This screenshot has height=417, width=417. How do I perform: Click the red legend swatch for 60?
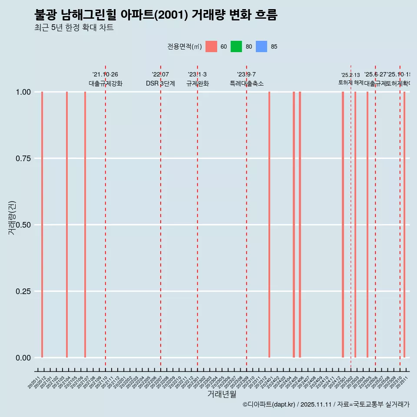(x=211, y=46)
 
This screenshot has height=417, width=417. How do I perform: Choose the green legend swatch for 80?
(x=236, y=46)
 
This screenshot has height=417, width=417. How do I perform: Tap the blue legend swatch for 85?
(x=261, y=46)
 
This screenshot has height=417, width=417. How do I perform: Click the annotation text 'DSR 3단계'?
(x=160, y=83)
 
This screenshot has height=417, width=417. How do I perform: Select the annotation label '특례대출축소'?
(x=247, y=83)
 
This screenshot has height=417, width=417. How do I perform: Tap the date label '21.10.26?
(x=105, y=74)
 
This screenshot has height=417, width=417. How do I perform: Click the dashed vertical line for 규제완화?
(x=198, y=217)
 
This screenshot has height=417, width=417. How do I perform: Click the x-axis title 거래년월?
(x=222, y=394)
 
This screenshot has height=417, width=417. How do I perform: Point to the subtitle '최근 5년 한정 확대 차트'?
(x=74, y=28)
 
